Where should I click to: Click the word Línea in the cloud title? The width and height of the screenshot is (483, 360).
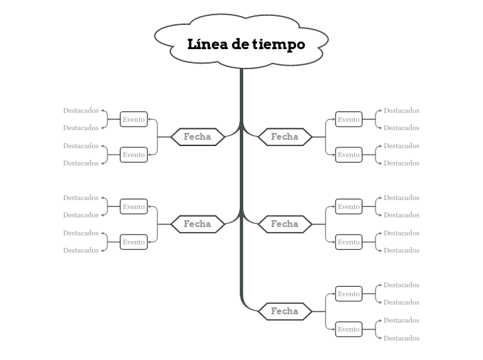(x=207, y=44)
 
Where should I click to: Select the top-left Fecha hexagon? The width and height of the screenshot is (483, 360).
(x=197, y=136)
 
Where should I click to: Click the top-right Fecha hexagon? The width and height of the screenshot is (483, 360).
(x=284, y=136)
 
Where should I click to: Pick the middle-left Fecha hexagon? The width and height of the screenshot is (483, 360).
(x=197, y=224)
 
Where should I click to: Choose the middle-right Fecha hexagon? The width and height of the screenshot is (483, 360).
(x=284, y=224)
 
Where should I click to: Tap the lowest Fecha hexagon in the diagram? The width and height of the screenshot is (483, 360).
(x=284, y=311)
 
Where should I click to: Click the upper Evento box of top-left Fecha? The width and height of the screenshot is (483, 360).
(x=134, y=119)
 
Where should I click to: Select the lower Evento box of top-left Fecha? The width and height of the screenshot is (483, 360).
(x=134, y=154)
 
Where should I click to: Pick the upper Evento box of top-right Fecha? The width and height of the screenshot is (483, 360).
(x=349, y=119)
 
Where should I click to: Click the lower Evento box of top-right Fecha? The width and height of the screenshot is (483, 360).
(x=349, y=154)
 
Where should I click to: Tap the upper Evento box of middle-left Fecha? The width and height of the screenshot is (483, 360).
(x=134, y=206)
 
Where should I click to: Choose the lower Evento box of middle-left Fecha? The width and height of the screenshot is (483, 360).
(x=134, y=242)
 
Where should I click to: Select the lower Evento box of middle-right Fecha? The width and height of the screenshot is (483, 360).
(x=349, y=242)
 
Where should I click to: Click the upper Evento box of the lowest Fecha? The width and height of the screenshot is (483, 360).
(x=349, y=294)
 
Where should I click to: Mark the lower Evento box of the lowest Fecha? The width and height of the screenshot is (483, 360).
(x=349, y=329)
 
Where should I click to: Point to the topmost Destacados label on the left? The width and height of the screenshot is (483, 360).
(x=81, y=110)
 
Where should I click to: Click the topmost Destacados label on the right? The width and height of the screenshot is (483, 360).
(x=402, y=110)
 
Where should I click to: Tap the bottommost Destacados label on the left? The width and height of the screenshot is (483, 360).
(x=81, y=250)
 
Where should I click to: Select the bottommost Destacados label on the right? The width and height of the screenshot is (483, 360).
(x=402, y=338)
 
